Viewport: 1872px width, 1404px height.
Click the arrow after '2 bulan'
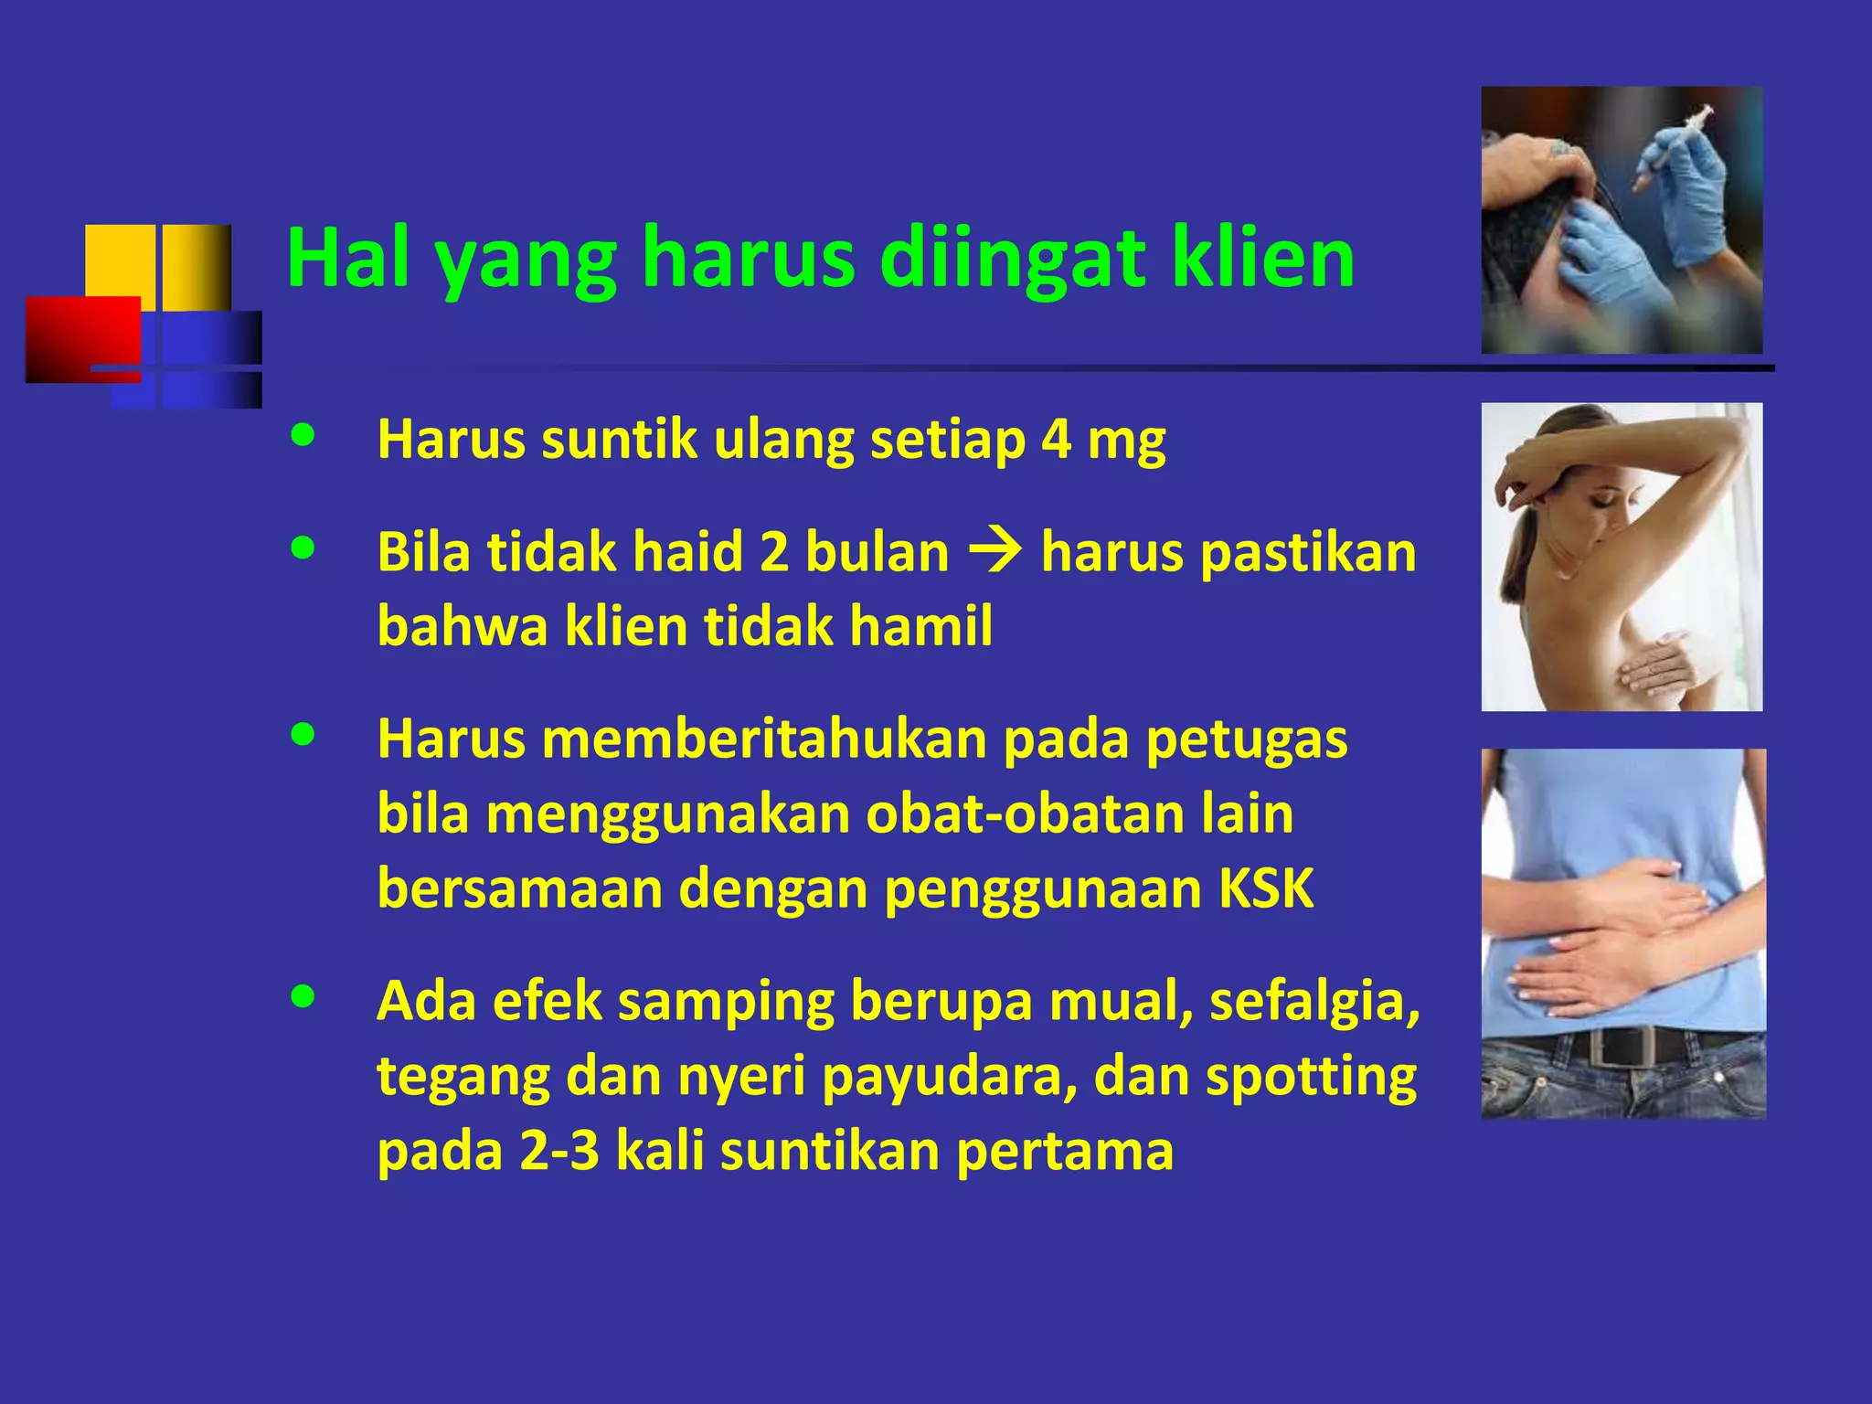(995, 552)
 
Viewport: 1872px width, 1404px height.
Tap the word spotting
(1311, 1077)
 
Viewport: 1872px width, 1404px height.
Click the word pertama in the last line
(1065, 1151)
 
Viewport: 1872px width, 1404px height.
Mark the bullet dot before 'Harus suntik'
(303, 435)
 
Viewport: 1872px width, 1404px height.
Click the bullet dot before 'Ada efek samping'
(303, 996)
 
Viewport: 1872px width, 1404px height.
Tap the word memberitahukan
(763, 739)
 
